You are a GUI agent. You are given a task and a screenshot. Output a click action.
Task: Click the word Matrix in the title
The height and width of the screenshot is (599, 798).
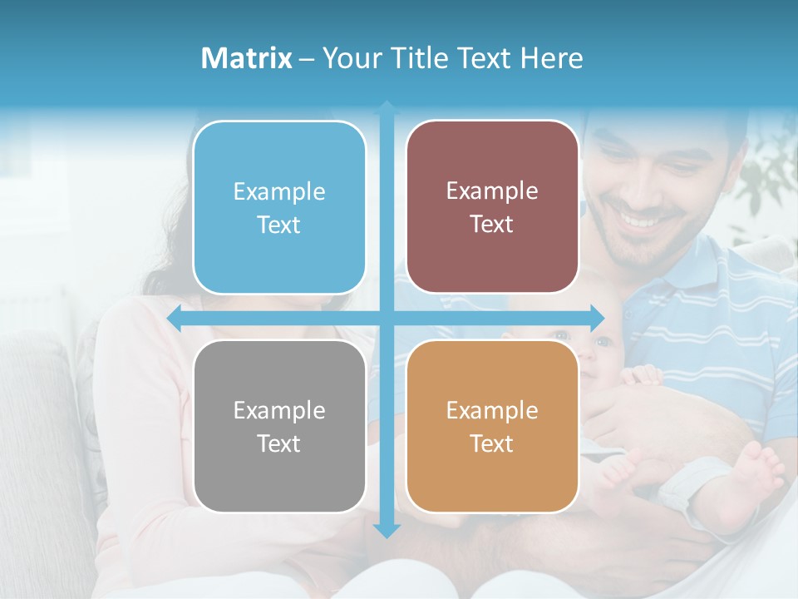coord(247,58)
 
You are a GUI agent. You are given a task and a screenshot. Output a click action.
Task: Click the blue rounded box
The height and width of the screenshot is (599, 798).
coord(279,208)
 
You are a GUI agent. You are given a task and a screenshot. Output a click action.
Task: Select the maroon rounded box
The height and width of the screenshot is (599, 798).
coord(492,207)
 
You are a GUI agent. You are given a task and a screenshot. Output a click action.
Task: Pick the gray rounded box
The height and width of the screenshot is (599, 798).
coord(279,426)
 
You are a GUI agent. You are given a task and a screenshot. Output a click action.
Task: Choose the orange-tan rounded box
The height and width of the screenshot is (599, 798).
coord(492,426)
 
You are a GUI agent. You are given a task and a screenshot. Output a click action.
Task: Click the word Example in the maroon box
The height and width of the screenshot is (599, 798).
coord(492,191)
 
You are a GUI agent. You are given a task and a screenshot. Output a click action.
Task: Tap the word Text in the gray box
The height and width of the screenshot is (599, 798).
coord(279,443)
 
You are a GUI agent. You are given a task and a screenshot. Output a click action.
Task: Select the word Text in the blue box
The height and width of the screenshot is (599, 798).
coord(279,225)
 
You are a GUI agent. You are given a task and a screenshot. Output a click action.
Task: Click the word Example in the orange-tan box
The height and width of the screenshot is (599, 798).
coord(492,410)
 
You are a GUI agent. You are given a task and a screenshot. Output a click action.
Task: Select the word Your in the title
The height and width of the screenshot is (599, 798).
coord(349,58)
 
